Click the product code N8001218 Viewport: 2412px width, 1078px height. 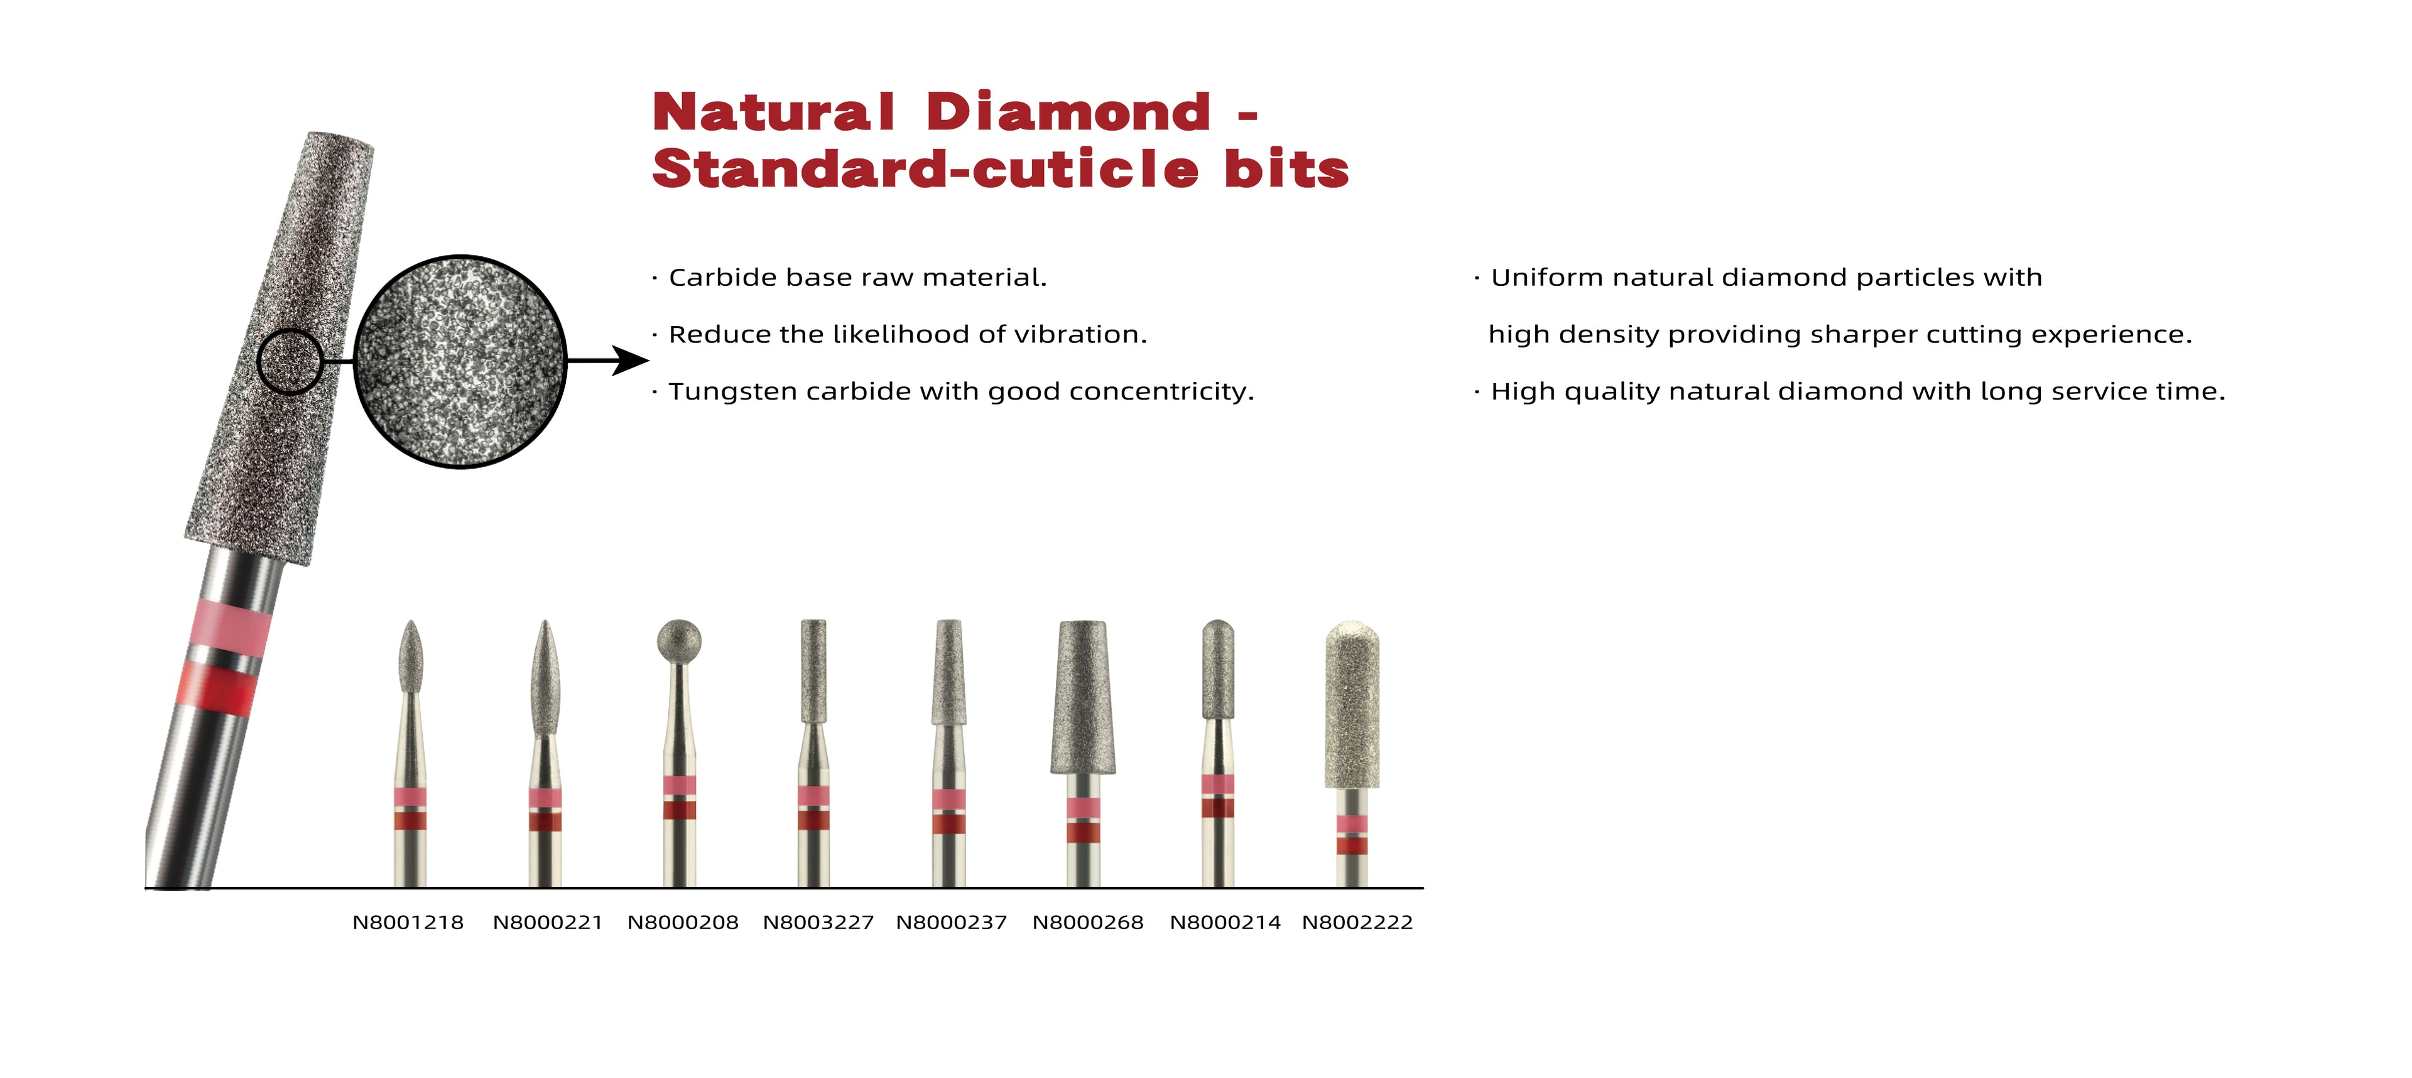point(408,923)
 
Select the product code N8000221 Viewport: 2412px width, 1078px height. point(548,923)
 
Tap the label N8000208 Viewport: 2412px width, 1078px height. point(683,923)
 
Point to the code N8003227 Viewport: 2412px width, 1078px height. point(818,923)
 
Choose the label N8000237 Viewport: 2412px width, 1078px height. point(952,923)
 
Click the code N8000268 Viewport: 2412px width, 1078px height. point(1088,923)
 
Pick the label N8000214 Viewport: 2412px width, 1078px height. point(1225,923)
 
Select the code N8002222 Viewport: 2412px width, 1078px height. point(1357,923)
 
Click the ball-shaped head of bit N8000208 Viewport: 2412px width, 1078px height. point(679,640)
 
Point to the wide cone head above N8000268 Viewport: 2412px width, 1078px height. point(1084,698)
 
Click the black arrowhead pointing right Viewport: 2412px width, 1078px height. point(630,359)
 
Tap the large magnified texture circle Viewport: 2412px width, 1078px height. point(460,361)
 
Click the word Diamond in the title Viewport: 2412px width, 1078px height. point(1068,112)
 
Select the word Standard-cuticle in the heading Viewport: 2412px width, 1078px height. point(925,170)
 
